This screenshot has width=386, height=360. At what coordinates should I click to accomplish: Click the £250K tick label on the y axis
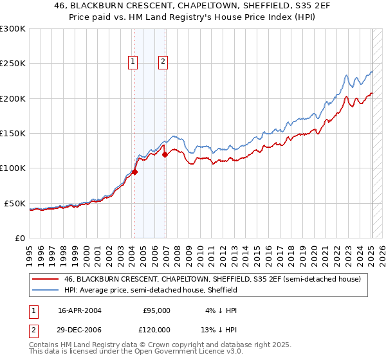(12, 64)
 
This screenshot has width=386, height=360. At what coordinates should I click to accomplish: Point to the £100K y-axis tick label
(12, 168)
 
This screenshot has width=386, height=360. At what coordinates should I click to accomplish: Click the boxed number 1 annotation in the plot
(133, 62)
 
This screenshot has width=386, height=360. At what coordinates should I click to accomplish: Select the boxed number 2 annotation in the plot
(163, 62)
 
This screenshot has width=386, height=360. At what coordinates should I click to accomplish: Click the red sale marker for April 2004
(135, 172)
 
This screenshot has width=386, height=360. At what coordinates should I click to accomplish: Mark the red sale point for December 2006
(165, 154)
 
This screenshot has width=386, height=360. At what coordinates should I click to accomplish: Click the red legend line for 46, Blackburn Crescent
(46, 280)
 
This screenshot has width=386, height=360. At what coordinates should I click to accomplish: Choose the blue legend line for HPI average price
(46, 290)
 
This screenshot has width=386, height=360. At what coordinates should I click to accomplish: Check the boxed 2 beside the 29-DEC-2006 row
(33, 329)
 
